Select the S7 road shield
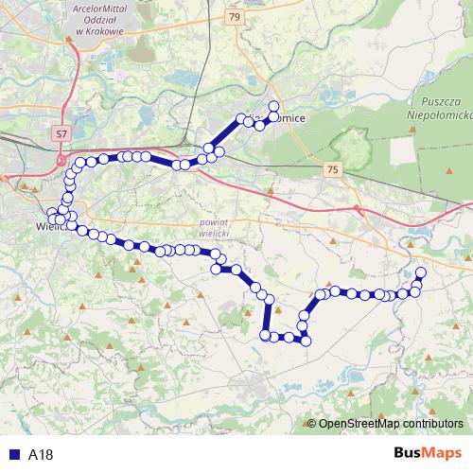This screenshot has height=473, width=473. (x=61, y=134)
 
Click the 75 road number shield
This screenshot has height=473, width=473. (x=331, y=168)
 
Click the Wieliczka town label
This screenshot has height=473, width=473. (x=47, y=227)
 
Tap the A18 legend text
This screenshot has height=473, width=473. (x=41, y=453)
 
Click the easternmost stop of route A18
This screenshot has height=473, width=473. (x=421, y=273)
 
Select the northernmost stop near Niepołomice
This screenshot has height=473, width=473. (x=274, y=105)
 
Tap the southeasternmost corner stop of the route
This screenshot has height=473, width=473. (x=306, y=341)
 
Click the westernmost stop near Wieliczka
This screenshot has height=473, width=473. (x=52, y=213)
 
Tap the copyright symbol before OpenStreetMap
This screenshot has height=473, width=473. (x=312, y=423)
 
